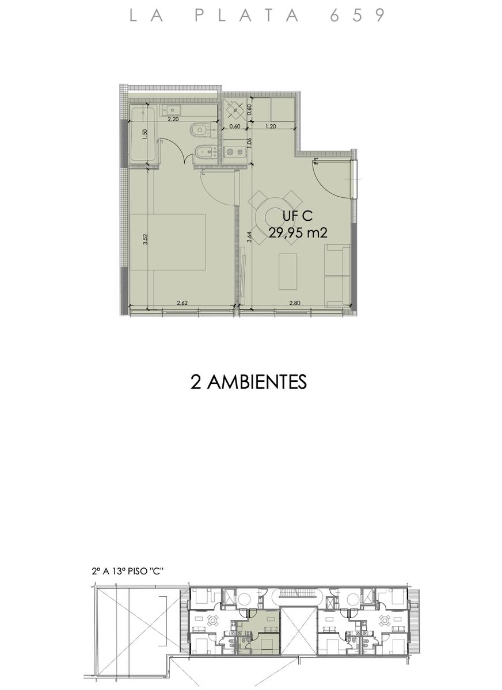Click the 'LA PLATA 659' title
(257, 15)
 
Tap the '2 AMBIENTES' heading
(249, 382)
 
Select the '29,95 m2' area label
(298, 233)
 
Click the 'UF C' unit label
(298, 216)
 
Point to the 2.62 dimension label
(182, 303)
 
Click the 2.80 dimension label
(295, 303)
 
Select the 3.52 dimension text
(146, 239)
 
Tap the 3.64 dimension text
(249, 237)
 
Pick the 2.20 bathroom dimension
(173, 119)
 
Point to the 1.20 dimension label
(271, 126)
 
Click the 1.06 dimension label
(249, 144)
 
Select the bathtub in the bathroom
(143, 133)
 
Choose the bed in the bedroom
(168, 242)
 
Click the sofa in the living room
(338, 275)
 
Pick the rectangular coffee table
(288, 271)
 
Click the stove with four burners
(235, 109)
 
